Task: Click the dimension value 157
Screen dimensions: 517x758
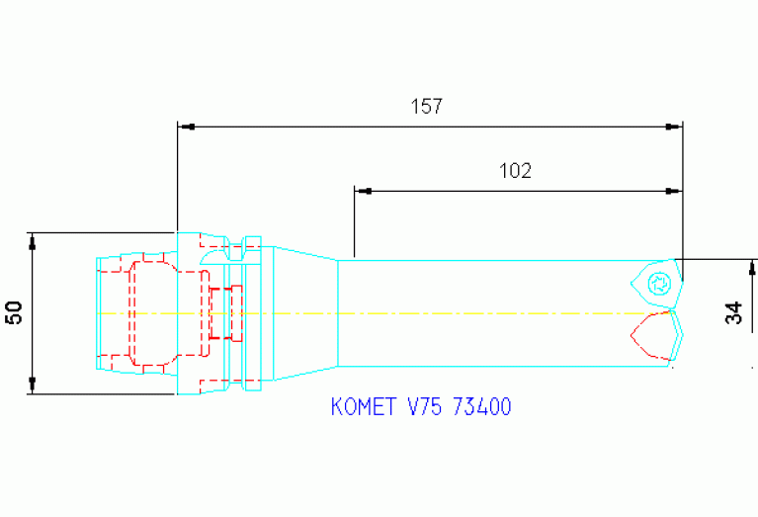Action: pyautogui.click(x=426, y=107)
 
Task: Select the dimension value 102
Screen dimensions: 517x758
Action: pyautogui.click(x=515, y=170)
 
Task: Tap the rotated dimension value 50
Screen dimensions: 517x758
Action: pyautogui.click(x=14, y=313)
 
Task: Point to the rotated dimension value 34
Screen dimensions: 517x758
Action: pyautogui.click(x=732, y=313)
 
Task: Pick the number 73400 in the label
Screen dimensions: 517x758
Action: pyautogui.click(x=481, y=407)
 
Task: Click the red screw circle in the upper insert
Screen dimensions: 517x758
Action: pyautogui.click(x=659, y=285)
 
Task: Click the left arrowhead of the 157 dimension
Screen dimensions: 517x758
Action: pyautogui.click(x=184, y=127)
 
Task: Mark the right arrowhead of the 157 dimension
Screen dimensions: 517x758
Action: pyautogui.click(x=675, y=127)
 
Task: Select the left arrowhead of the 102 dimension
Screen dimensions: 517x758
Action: pyautogui.click(x=361, y=190)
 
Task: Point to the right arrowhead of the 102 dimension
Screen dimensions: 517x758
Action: pyautogui.click(x=675, y=190)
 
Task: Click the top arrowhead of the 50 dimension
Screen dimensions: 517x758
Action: pyautogui.click(x=33, y=239)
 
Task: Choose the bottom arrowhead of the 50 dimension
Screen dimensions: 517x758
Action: pyautogui.click(x=33, y=386)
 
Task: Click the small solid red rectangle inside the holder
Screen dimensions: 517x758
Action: pyautogui.click(x=220, y=312)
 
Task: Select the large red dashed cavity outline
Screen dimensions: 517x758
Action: pyautogui.click(x=148, y=312)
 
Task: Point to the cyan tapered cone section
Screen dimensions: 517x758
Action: pyautogui.click(x=306, y=312)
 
